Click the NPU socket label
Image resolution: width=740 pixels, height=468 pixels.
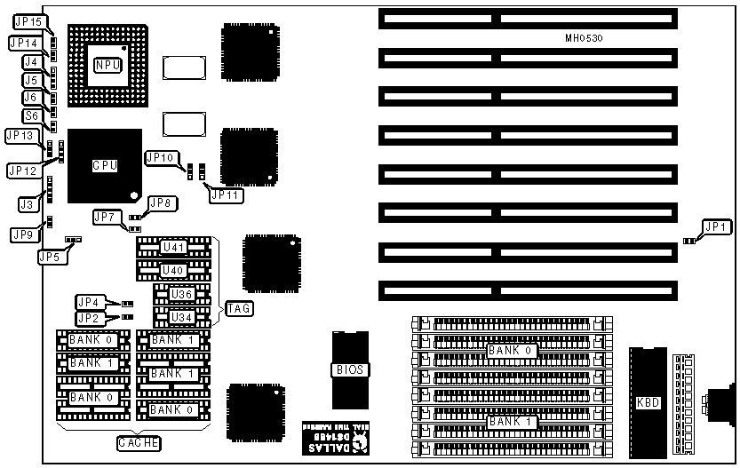pyautogui.click(x=109, y=65)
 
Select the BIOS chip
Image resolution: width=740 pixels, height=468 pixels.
pyautogui.click(x=350, y=369)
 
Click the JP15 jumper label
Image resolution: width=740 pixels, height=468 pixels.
pyautogui.click(x=30, y=20)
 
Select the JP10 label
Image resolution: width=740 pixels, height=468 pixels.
pyautogui.click(x=161, y=157)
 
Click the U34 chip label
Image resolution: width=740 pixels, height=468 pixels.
pyautogui.click(x=182, y=317)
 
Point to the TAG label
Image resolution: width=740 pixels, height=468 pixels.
pyautogui.click(x=239, y=309)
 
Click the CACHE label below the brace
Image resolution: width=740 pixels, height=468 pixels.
pyautogui.click(x=139, y=442)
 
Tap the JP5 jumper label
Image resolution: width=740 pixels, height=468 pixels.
pyautogui.click(x=51, y=257)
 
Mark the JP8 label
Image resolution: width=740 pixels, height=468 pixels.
pyautogui.click(x=162, y=203)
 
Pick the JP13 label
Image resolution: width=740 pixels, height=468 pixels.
pyautogui.click(x=21, y=136)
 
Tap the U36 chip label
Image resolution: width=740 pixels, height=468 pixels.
pyautogui.click(x=182, y=294)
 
